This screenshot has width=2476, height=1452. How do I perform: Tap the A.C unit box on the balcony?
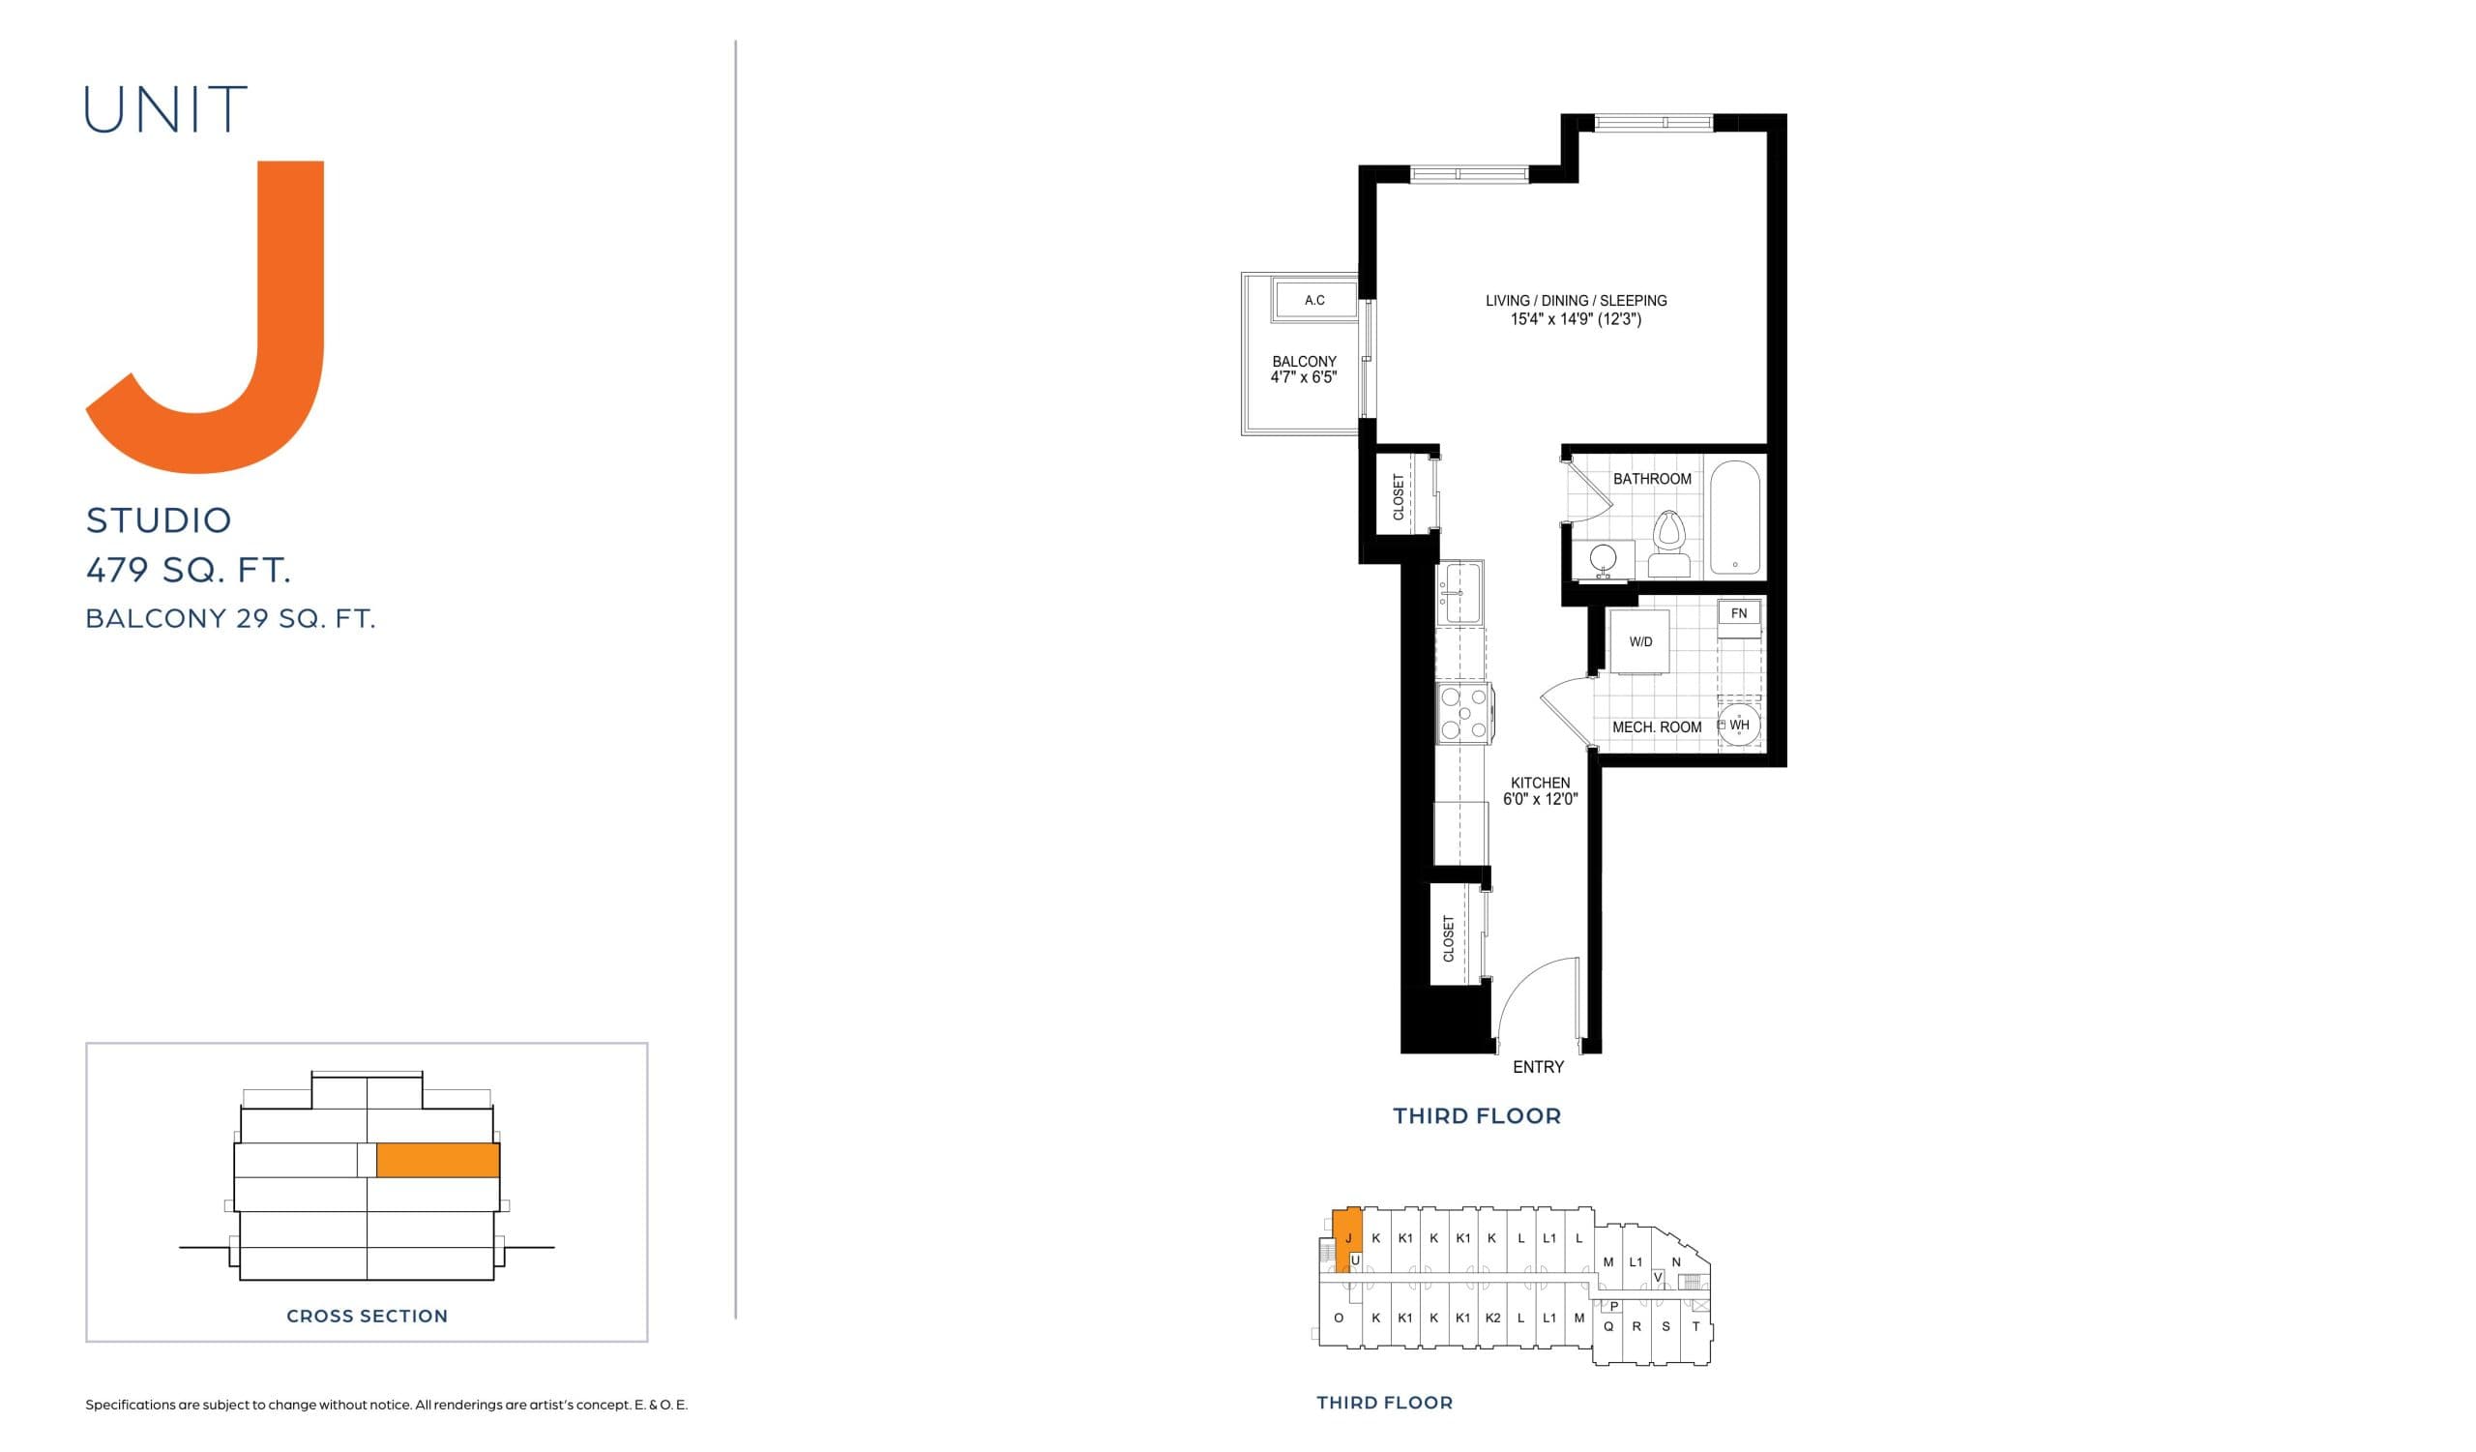point(1314,300)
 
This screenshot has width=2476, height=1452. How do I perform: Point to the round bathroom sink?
point(1603,558)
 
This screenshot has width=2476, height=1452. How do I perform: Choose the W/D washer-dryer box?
point(1639,641)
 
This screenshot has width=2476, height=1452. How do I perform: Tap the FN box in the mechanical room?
point(1738,614)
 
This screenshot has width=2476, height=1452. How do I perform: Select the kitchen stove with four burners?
point(1464,713)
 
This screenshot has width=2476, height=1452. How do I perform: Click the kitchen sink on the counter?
point(1461,592)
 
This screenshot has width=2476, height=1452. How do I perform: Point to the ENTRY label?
point(1538,1067)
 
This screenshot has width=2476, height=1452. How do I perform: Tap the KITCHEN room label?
point(1540,783)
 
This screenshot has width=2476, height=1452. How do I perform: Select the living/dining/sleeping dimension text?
point(1576,319)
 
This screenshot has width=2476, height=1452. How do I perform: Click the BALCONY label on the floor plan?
point(1304,362)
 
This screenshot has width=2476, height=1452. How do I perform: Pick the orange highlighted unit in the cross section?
point(438,1160)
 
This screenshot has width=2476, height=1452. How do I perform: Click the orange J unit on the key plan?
point(1348,1240)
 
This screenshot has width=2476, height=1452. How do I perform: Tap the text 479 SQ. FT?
point(189,570)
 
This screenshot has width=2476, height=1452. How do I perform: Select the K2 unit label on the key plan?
point(1492,1318)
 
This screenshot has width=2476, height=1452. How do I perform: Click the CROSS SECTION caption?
point(367,1317)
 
